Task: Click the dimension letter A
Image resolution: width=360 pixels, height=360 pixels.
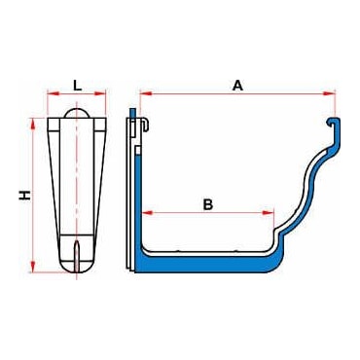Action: click(237, 86)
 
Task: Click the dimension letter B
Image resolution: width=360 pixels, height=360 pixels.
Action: click(207, 204)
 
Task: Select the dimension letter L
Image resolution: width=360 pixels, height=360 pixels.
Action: click(77, 86)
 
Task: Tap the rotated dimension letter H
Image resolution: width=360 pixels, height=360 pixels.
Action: click(24, 195)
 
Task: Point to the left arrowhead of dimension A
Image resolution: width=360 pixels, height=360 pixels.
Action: click(146, 93)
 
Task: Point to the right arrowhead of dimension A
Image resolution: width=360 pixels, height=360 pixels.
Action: click(329, 93)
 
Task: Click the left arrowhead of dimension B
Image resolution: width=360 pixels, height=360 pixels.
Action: click(147, 213)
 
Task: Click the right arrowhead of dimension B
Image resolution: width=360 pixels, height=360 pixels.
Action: click(268, 213)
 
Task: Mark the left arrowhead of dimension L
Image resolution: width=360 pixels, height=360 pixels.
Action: click(54, 93)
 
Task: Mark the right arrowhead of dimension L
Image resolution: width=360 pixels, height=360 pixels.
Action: click(100, 93)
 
